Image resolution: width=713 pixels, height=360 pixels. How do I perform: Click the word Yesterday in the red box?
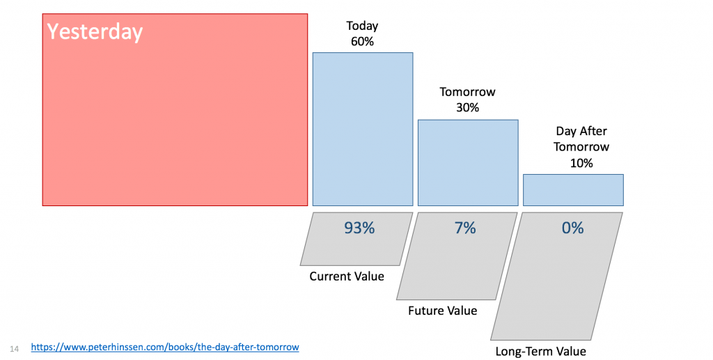[95, 32]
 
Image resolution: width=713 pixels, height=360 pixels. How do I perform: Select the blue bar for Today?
[363, 129]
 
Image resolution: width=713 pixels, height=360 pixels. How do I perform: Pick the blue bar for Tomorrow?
[468, 163]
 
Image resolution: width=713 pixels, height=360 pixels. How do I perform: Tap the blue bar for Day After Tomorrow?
[573, 190]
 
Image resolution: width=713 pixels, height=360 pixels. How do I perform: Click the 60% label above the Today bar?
[362, 41]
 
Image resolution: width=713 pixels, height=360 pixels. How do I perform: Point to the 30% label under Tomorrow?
[467, 108]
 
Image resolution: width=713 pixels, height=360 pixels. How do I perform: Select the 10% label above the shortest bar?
[581, 163]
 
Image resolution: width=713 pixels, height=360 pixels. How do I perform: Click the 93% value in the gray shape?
[359, 228]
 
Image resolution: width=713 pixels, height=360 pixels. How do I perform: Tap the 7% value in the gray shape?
[465, 228]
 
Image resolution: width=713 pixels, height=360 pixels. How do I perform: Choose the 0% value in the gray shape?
[572, 228]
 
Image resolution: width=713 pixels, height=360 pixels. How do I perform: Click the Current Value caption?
[347, 276]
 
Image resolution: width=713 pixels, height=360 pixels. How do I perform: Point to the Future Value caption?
[442, 311]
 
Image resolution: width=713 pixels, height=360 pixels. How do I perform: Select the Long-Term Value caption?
[540, 352]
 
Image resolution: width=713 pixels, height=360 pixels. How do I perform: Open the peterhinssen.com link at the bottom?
[165, 347]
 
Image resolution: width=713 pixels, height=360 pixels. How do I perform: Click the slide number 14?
[14, 349]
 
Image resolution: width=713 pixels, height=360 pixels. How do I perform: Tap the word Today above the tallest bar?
[362, 26]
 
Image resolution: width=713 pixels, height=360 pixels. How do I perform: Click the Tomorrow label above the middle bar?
[467, 92]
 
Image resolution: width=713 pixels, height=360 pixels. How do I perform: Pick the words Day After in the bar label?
[581, 132]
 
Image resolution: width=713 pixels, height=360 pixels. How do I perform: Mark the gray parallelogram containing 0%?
[556, 276]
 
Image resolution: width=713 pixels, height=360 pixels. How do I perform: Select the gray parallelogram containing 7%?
[457, 256]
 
